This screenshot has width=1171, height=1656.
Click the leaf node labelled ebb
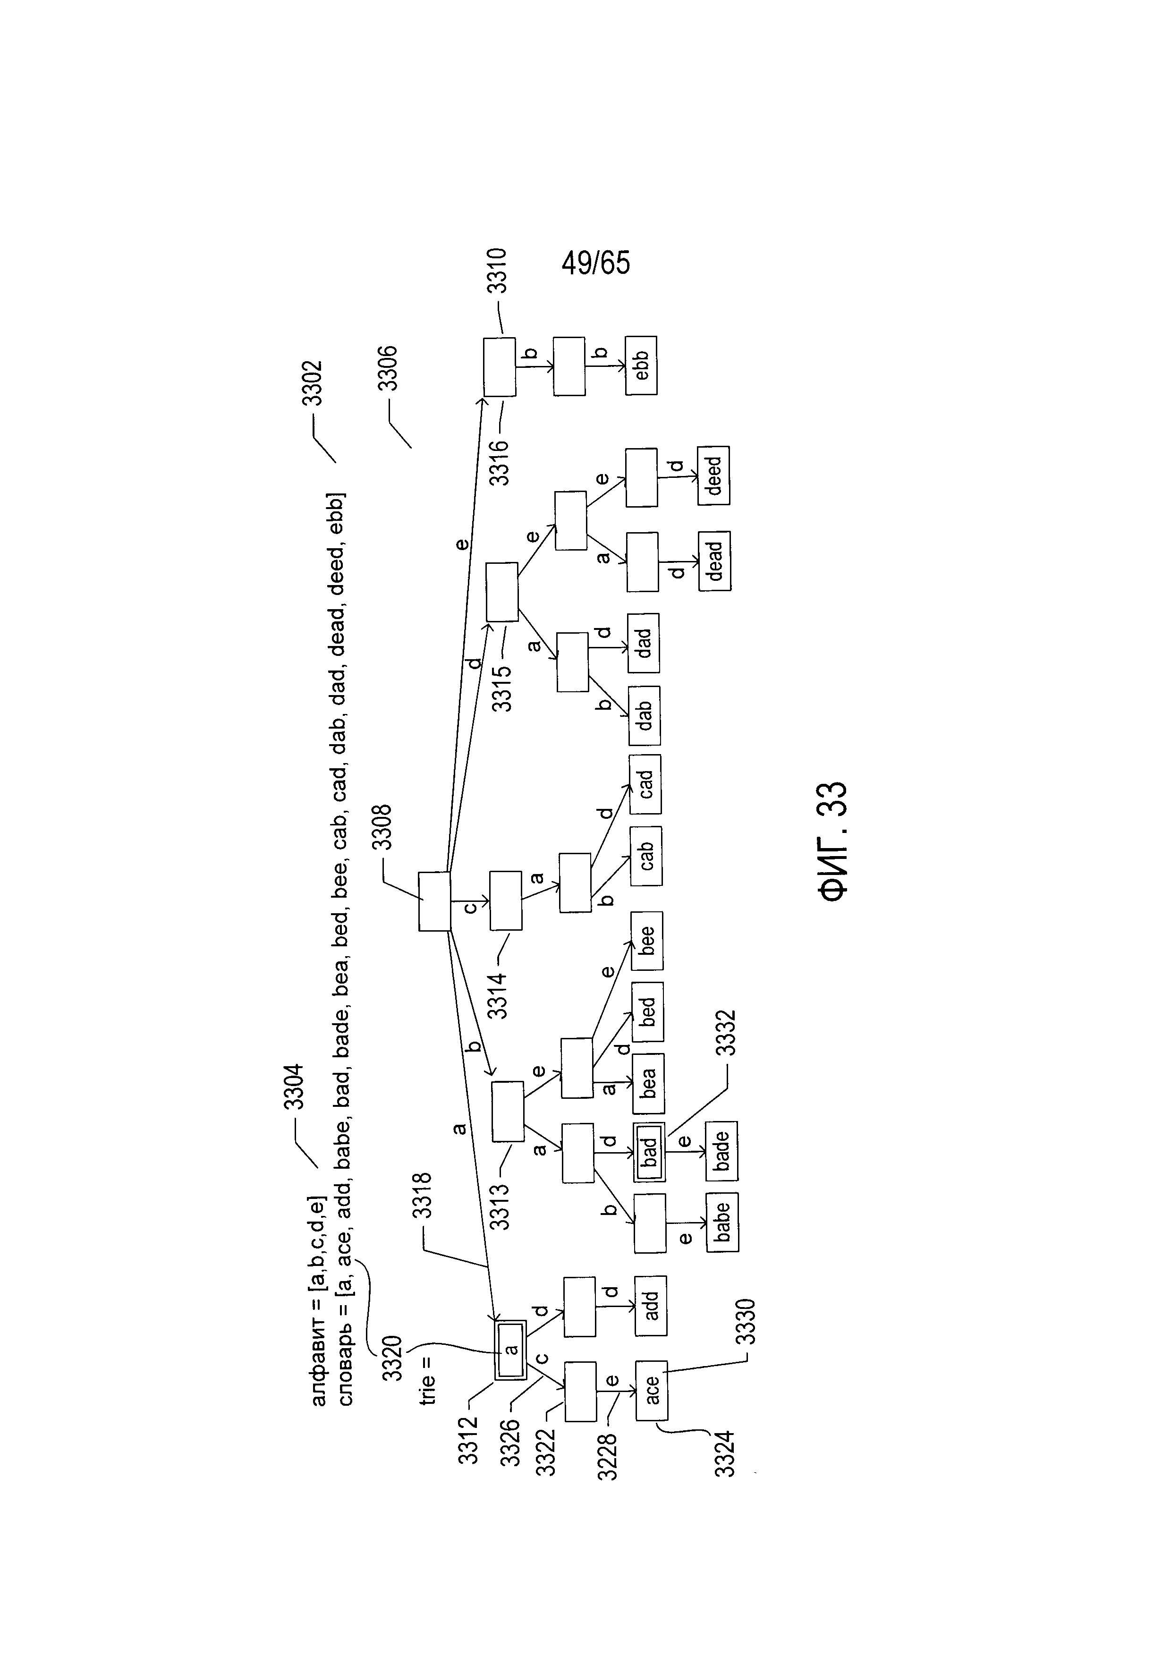641,365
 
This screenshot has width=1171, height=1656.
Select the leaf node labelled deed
713,476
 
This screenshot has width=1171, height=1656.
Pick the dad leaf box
643,643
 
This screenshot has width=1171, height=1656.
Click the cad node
645,784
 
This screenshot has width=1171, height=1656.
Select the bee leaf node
647,941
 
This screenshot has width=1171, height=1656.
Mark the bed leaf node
647,1011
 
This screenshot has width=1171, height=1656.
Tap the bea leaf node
648,1083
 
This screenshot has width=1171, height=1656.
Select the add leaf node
650,1306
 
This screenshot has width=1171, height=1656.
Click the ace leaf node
651,1391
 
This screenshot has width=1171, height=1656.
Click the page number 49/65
595,263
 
